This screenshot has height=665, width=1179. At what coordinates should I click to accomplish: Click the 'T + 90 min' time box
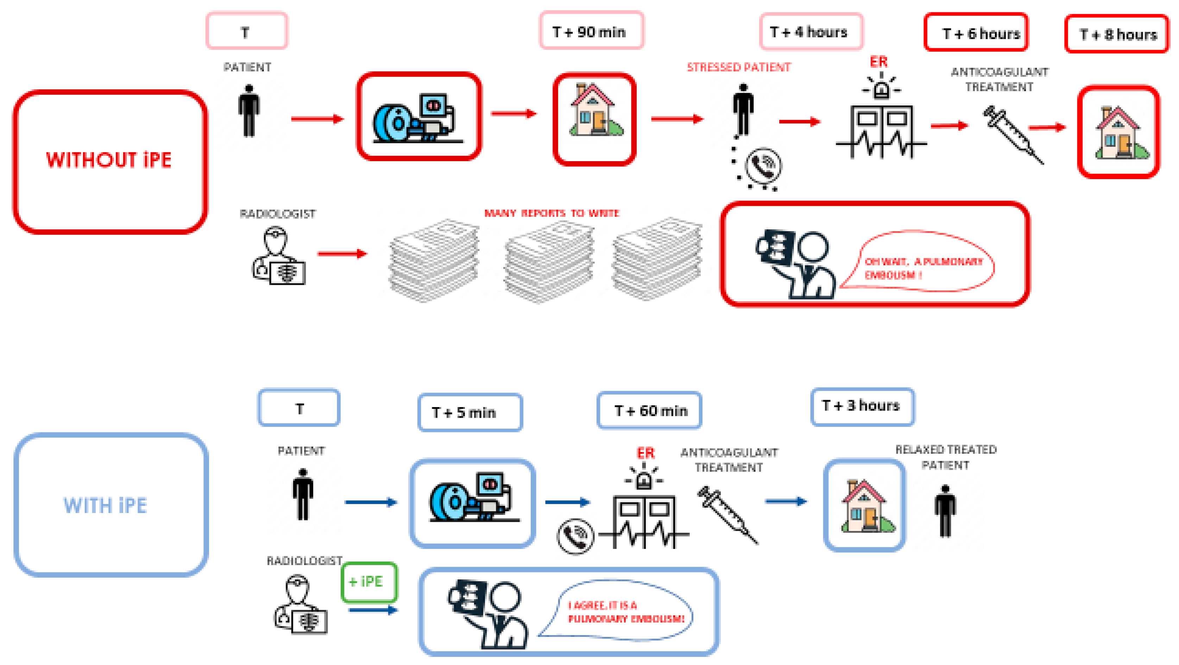click(x=591, y=31)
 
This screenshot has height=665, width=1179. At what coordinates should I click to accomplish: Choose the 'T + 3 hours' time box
click(x=862, y=406)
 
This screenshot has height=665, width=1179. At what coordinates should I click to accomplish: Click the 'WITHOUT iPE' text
click(x=109, y=160)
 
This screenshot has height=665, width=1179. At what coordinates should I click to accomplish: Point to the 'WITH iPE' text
click(x=105, y=506)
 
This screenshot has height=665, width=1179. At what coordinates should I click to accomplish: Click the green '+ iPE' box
click(x=369, y=582)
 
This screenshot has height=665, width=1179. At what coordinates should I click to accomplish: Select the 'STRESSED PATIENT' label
click(x=738, y=67)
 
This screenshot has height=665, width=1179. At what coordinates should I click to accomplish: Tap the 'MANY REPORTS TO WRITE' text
click(x=551, y=213)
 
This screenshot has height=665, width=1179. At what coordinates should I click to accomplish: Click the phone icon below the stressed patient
click(x=763, y=166)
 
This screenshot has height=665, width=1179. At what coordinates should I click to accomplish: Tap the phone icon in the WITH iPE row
click(x=575, y=536)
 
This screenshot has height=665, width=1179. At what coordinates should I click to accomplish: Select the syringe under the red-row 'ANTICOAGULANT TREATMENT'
click(x=1013, y=134)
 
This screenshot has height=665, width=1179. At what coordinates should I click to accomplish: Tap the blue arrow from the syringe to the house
click(x=786, y=501)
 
